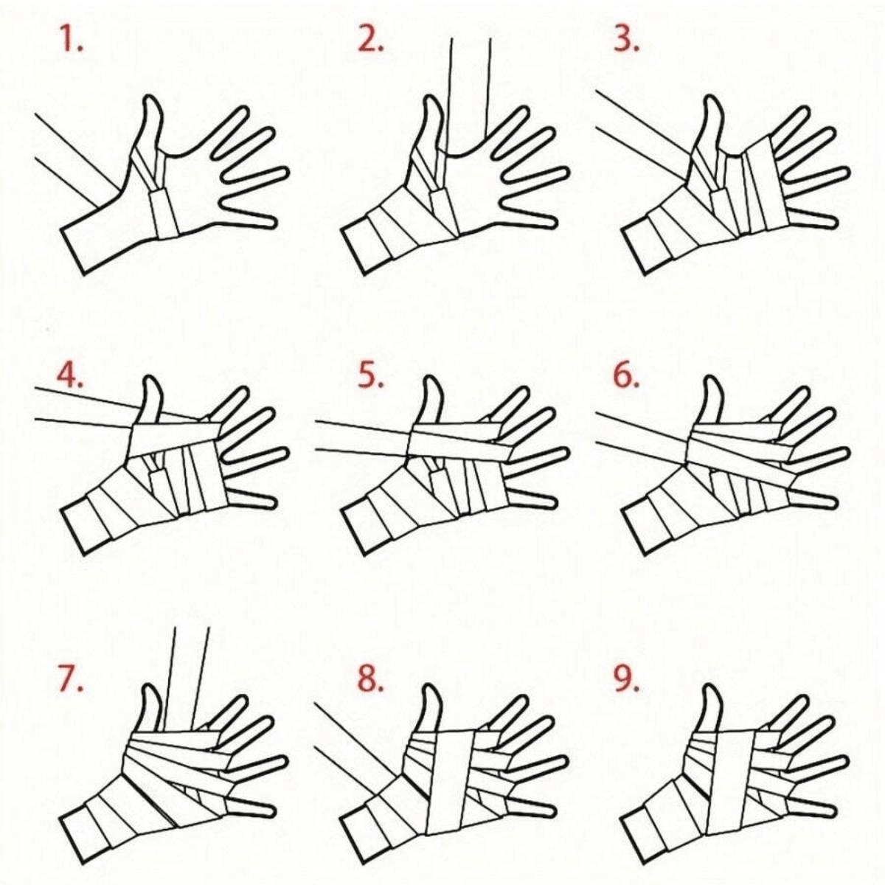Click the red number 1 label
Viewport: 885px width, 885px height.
click(72, 41)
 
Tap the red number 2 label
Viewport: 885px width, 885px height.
click(371, 41)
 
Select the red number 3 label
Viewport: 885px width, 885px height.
click(626, 41)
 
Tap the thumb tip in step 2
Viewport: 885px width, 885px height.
click(431, 98)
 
